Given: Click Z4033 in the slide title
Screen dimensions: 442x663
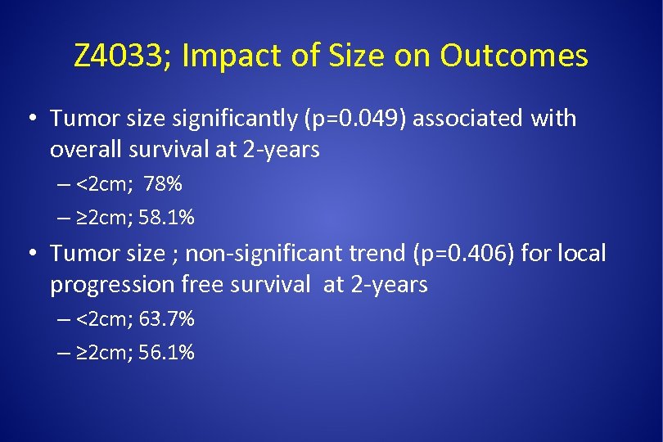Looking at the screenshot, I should coord(119,56).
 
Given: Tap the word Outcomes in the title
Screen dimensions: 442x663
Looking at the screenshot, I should coord(513,56).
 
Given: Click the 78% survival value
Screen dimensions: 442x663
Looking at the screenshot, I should coord(163,184).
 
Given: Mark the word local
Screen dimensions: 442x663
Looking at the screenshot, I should coord(582,254).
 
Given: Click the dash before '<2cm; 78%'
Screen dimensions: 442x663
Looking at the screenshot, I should coord(65,185).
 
